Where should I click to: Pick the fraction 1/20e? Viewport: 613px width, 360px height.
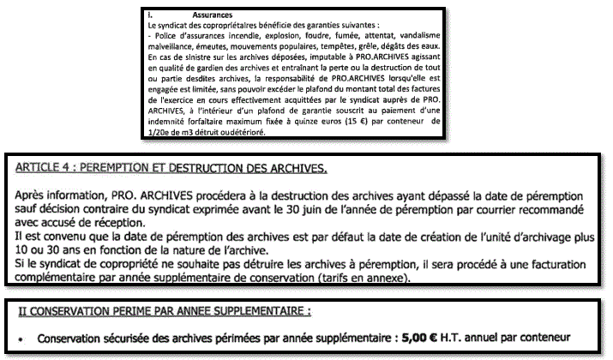[x=160, y=134]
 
